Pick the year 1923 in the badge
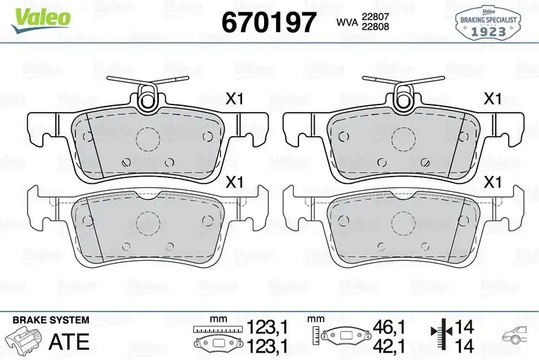point(488,30)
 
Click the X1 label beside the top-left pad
point(234,99)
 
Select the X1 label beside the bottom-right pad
point(493,182)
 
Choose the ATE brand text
point(69,341)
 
